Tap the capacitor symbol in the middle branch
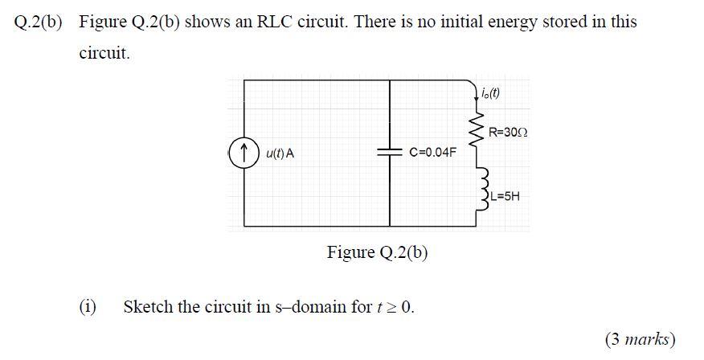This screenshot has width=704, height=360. click(x=390, y=152)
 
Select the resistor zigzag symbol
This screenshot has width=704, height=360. click(x=481, y=129)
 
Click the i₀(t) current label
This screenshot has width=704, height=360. click(x=490, y=92)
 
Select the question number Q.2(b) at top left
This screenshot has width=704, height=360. click(x=39, y=22)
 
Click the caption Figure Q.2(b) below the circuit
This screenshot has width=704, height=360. click(x=377, y=253)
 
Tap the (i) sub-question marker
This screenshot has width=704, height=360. click(x=87, y=307)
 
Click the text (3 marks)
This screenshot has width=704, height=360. click(x=640, y=339)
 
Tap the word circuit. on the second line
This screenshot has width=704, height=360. click(x=104, y=55)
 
